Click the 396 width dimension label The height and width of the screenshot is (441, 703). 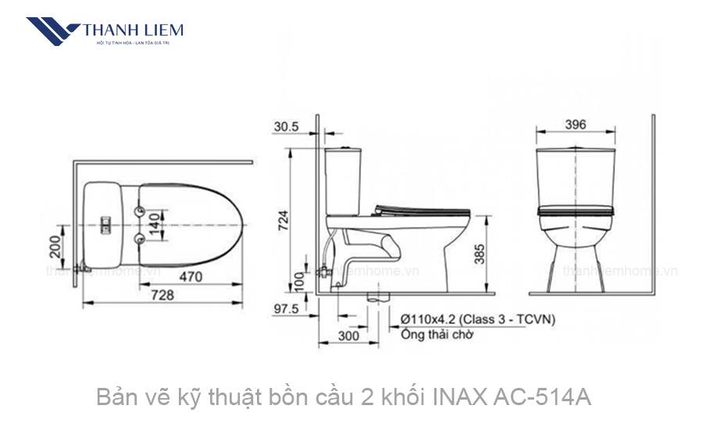tap(575, 125)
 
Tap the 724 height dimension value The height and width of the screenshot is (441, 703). tap(286, 222)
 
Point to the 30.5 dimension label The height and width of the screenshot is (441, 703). tap(287, 126)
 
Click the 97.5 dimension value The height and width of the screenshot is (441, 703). tap(287, 308)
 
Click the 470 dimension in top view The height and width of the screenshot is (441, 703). tap(191, 276)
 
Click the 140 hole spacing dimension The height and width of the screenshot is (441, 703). tap(155, 224)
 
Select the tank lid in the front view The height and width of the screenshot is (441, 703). tap(575, 148)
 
